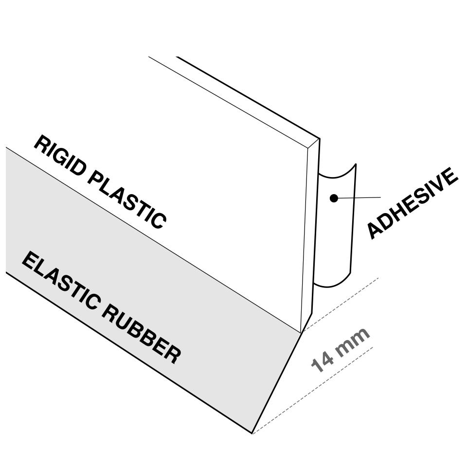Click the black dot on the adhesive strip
334,198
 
